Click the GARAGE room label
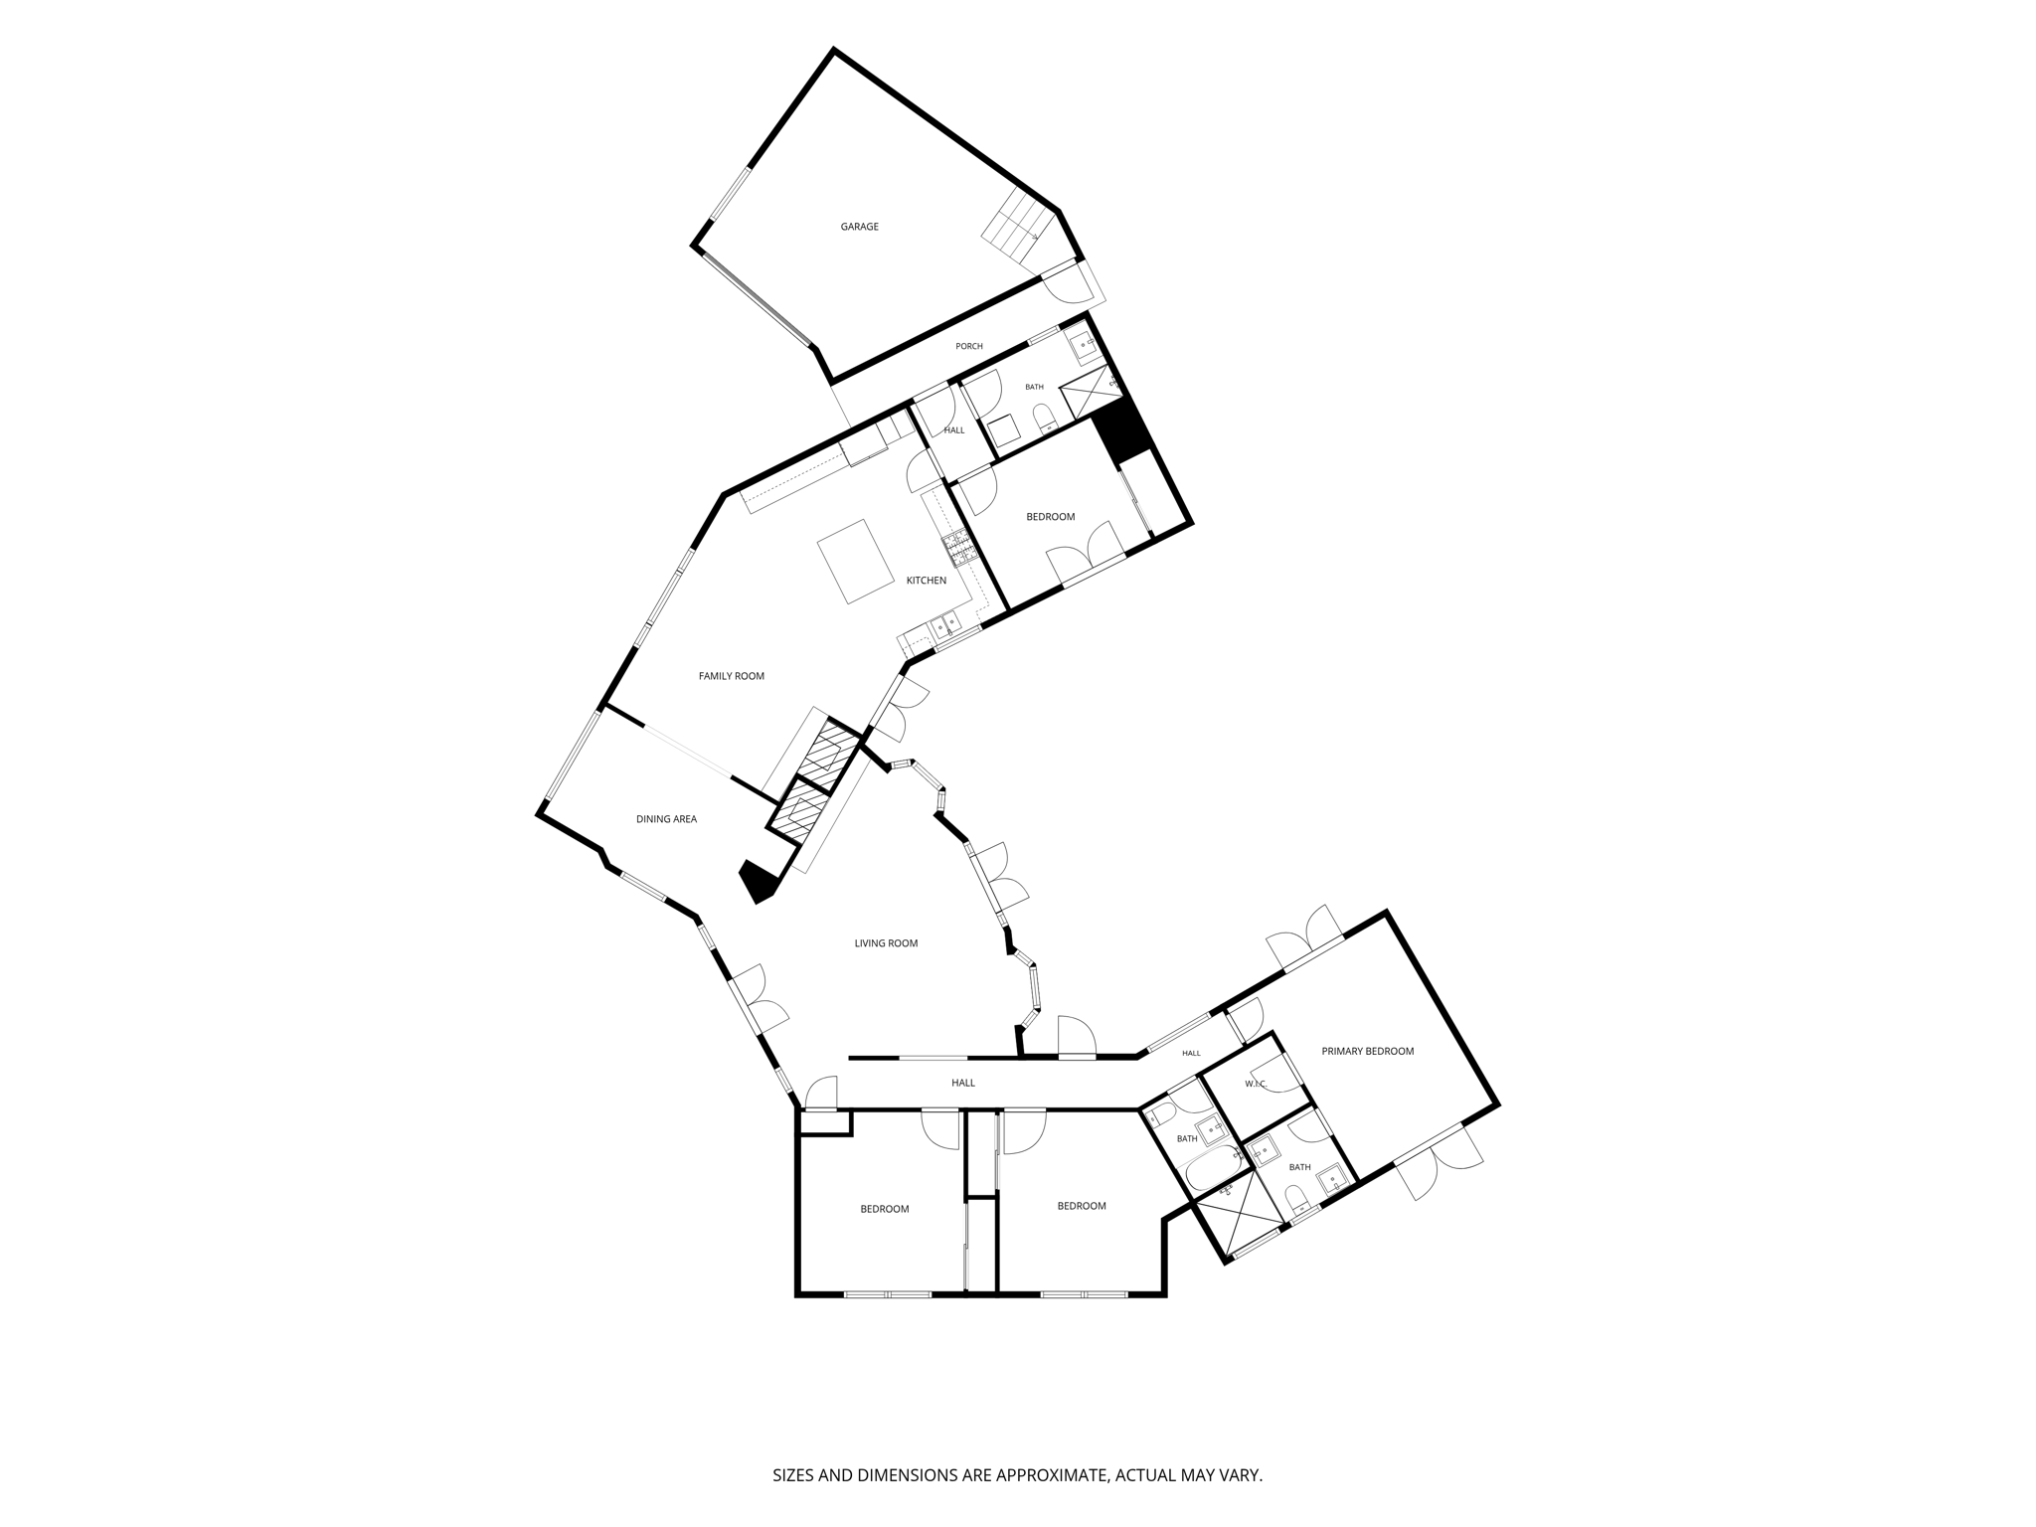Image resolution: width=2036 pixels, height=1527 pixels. point(859,227)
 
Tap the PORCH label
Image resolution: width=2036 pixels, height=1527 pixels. point(968,346)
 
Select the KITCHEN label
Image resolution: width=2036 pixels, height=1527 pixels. point(926,581)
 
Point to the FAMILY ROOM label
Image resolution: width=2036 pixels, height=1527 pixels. point(731,676)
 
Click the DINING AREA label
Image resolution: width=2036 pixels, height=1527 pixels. point(666,819)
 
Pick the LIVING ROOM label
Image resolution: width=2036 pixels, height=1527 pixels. point(886,943)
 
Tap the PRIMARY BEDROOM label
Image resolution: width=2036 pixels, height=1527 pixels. point(1367,1051)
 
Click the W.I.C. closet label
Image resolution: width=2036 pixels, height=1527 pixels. point(1255,1084)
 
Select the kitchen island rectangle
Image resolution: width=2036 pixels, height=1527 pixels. point(856,562)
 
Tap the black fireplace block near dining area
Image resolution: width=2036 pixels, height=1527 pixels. point(759,882)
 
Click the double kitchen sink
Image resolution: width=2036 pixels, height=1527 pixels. point(944,627)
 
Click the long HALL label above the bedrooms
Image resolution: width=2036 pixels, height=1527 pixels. point(962,1083)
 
